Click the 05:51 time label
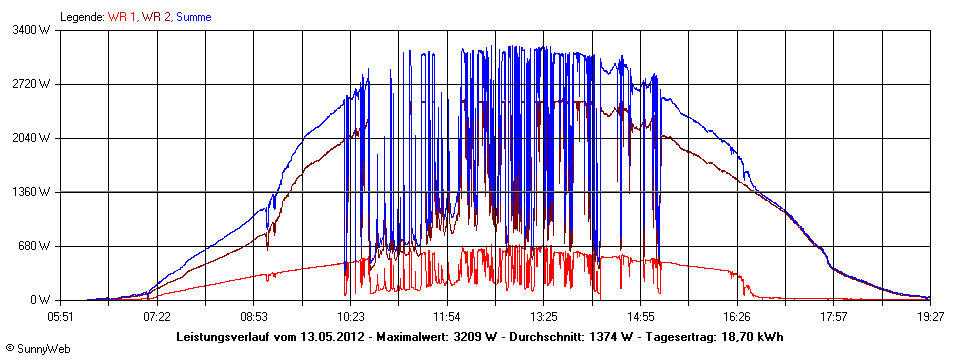click(61, 316)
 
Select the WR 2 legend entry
click(157, 17)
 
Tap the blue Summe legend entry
click(194, 17)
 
